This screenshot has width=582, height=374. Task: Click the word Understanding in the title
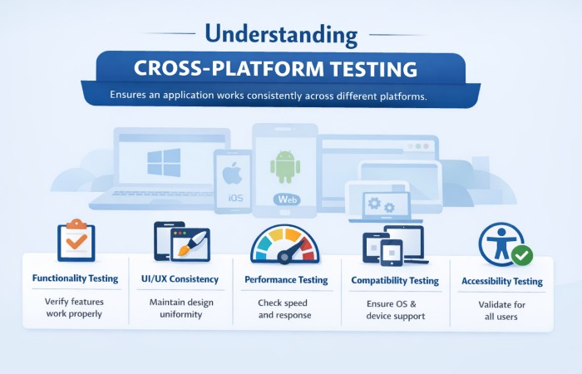click(281, 34)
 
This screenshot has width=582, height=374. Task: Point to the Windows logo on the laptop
click(164, 162)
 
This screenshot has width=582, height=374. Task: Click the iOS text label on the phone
click(234, 199)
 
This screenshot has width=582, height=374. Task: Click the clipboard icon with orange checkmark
click(76, 241)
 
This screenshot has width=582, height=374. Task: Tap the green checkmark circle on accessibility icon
click(521, 254)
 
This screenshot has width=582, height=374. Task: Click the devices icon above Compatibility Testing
click(394, 245)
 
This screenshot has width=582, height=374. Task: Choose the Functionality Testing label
click(75, 279)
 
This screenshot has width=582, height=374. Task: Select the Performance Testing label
click(286, 280)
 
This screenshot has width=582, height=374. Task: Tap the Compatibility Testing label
click(395, 280)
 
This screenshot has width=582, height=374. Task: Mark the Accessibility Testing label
click(501, 281)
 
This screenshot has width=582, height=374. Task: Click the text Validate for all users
click(501, 311)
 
